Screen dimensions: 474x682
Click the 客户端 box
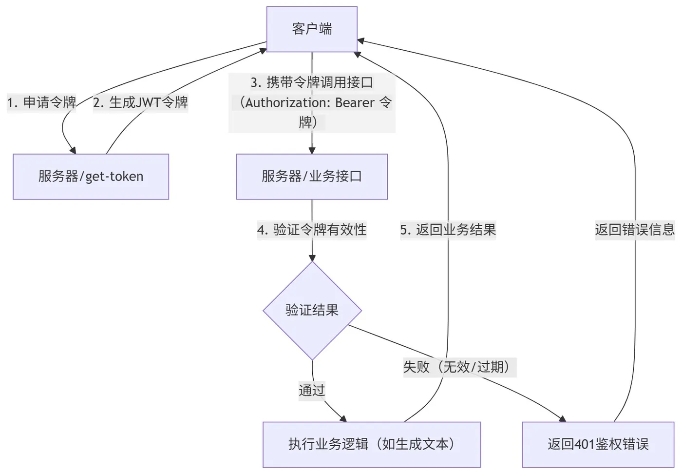tap(312, 29)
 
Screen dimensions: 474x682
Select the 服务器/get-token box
tap(91, 177)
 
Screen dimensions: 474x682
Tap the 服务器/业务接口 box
tap(312, 177)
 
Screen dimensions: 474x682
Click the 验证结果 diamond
tap(312, 311)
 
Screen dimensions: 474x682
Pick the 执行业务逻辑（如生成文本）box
tap(371, 444)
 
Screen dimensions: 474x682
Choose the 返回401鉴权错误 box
tap(598, 444)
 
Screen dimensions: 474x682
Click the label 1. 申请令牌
tap(41, 102)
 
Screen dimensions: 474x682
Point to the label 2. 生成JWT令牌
tap(140, 102)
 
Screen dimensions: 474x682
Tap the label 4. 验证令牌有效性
tap(312, 230)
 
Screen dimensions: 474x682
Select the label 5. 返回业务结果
tap(448, 230)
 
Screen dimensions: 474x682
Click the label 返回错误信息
tap(634, 230)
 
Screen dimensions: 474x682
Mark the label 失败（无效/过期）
tap(458, 367)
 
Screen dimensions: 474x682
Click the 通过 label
tap(312, 390)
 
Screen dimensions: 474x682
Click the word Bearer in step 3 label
tap(355, 103)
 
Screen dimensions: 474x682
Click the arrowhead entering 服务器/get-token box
tap(73, 150)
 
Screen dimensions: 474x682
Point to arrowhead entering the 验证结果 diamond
tap(312, 258)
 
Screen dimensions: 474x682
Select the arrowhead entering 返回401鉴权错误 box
tap(563, 418)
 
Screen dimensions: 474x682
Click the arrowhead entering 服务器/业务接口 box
tap(312, 150)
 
